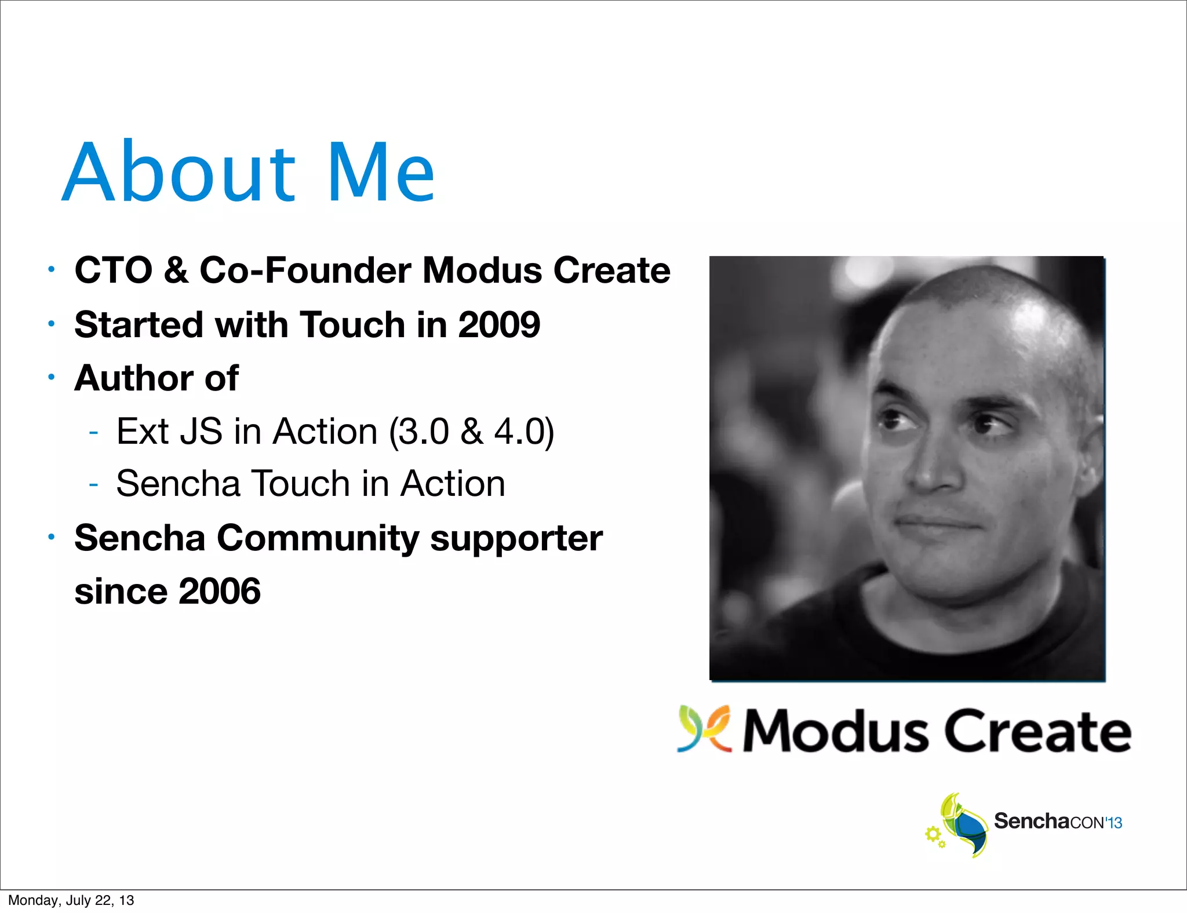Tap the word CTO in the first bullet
pyautogui.click(x=114, y=271)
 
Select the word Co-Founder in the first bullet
pyautogui.click(x=305, y=271)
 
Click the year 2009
pyautogui.click(x=499, y=324)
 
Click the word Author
pyautogui.click(x=133, y=378)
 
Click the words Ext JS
pyautogui.click(x=169, y=432)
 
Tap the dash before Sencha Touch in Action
pyautogui.click(x=93, y=484)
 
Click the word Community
pyautogui.click(x=318, y=538)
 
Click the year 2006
pyautogui.click(x=220, y=591)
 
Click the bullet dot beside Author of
pyautogui.click(x=52, y=378)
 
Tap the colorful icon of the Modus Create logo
pyautogui.click(x=705, y=729)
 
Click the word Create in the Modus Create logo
pyautogui.click(x=1037, y=731)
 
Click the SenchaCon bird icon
pyautogui.click(x=962, y=826)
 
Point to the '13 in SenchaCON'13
pyautogui.click(x=1113, y=823)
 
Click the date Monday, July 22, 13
pyautogui.click(x=71, y=900)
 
